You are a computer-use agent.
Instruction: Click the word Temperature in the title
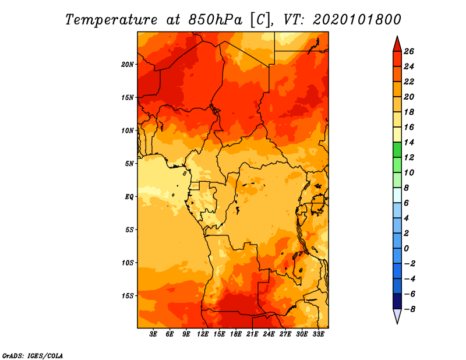click(111, 20)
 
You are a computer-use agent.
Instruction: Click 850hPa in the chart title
click(216, 20)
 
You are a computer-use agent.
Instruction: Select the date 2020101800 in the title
click(356, 20)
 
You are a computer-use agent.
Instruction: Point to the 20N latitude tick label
click(128, 65)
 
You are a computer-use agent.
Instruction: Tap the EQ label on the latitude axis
click(129, 197)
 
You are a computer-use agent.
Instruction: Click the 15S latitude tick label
click(128, 296)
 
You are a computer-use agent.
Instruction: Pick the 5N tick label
click(129, 164)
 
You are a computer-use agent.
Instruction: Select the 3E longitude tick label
click(153, 334)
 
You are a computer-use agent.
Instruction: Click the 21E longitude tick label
click(252, 334)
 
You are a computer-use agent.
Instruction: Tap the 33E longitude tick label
click(318, 334)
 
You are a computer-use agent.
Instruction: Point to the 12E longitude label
click(203, 334)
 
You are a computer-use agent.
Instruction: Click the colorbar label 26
click(409, 51)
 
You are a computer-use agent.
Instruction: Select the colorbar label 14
click(409, 142)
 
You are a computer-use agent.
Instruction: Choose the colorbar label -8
click(409, 309)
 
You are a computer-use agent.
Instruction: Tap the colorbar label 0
click(406, 249)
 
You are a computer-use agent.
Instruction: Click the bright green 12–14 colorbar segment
click(397, 150)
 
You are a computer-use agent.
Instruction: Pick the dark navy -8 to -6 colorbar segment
click(397, 301)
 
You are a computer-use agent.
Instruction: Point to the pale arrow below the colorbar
click(397, 316)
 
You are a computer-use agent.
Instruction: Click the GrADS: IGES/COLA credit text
click(33, 356)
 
